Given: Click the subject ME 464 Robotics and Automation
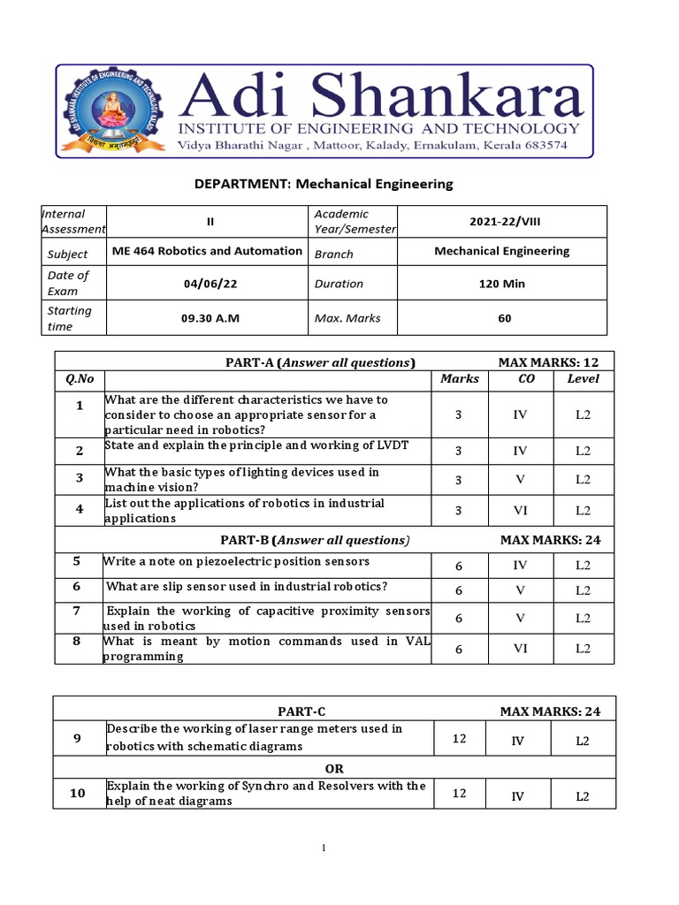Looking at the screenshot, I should pyautogui.click(x=207, y=251).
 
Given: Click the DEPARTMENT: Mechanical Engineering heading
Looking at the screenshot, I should pyautogui.click(x=324, y=184).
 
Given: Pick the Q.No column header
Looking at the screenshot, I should pyautogui.click(x=79, y=379).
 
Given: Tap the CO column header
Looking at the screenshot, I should pyautogui.click(x=526, y=379).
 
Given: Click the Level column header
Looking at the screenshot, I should pyautogui.click(x=583, y=379).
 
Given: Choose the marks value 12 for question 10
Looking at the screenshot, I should pyautogui.click(x=459, y=794).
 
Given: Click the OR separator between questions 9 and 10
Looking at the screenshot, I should pyautogui.click(x=334, y=769).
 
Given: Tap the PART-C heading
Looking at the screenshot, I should pyautogui.click(x=295, y=711).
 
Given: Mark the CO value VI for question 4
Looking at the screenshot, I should pyautogui.click(x=520, y=510).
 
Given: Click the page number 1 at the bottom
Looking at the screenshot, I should pyautogui.click(x=324, y=849).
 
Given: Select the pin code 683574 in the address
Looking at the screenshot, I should pyautogui.click(x=537, y=146).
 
